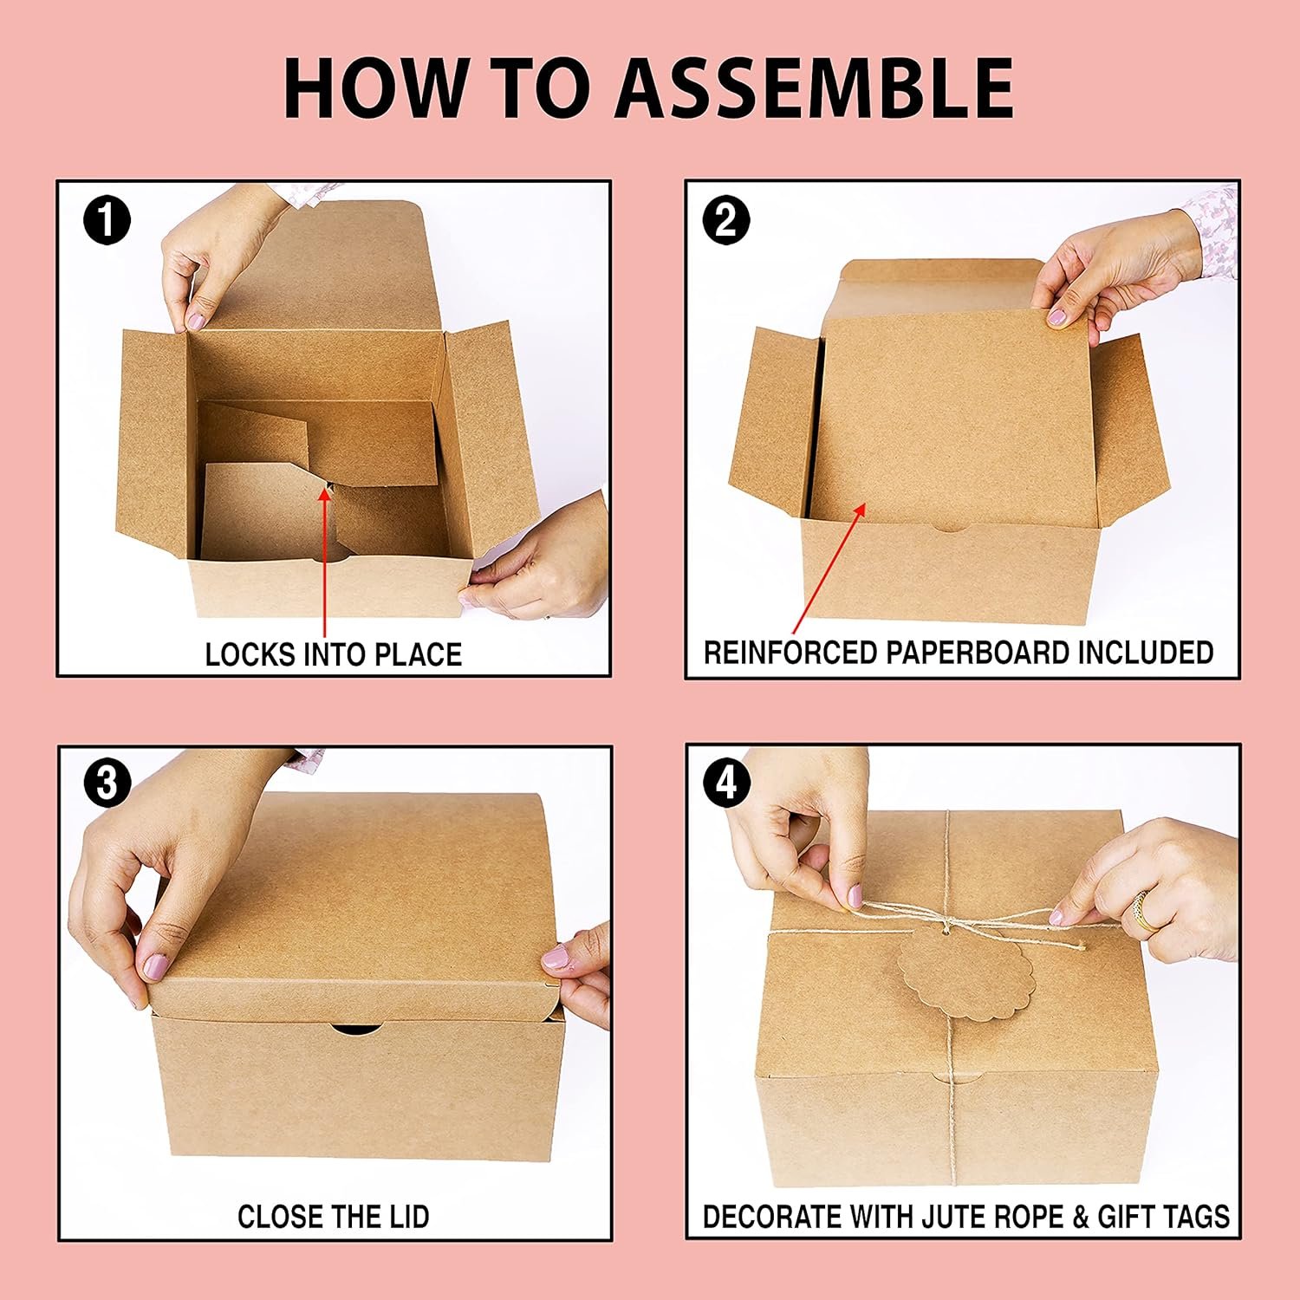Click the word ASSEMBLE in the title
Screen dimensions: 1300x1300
pos(814,88)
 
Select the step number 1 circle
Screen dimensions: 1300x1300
pos(107,220)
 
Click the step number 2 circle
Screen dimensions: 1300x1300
pos(726,220)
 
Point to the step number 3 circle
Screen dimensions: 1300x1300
pos(107,783)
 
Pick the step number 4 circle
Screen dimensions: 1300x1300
pos(726,783)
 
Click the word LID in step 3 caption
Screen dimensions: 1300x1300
pos(409,1217)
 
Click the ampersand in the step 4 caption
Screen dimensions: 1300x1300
pos(1080,1217)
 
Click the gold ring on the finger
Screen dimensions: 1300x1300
pos(1144,910)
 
